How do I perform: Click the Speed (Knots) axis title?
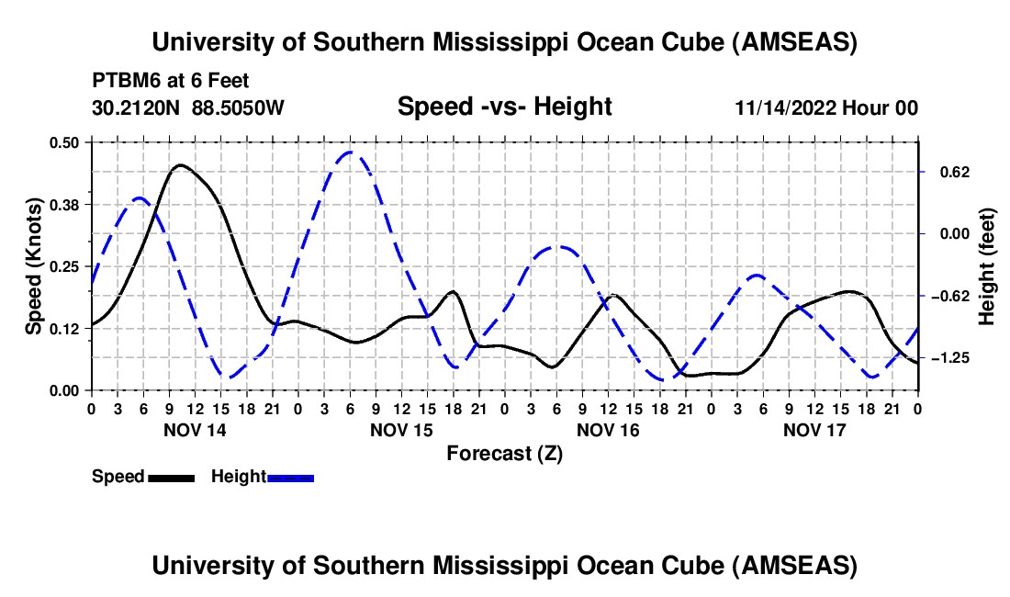coord(33,266)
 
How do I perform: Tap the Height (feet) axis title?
coord(987,266)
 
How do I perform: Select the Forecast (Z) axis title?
coord(504,453)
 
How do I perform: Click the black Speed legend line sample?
coord(170,477)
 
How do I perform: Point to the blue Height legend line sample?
coord(290,477)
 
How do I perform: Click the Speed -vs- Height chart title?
coord(504,107)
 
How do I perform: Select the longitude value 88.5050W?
coord(239,107)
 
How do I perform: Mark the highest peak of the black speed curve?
coord(179,165)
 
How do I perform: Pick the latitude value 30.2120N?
coord(138,107)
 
